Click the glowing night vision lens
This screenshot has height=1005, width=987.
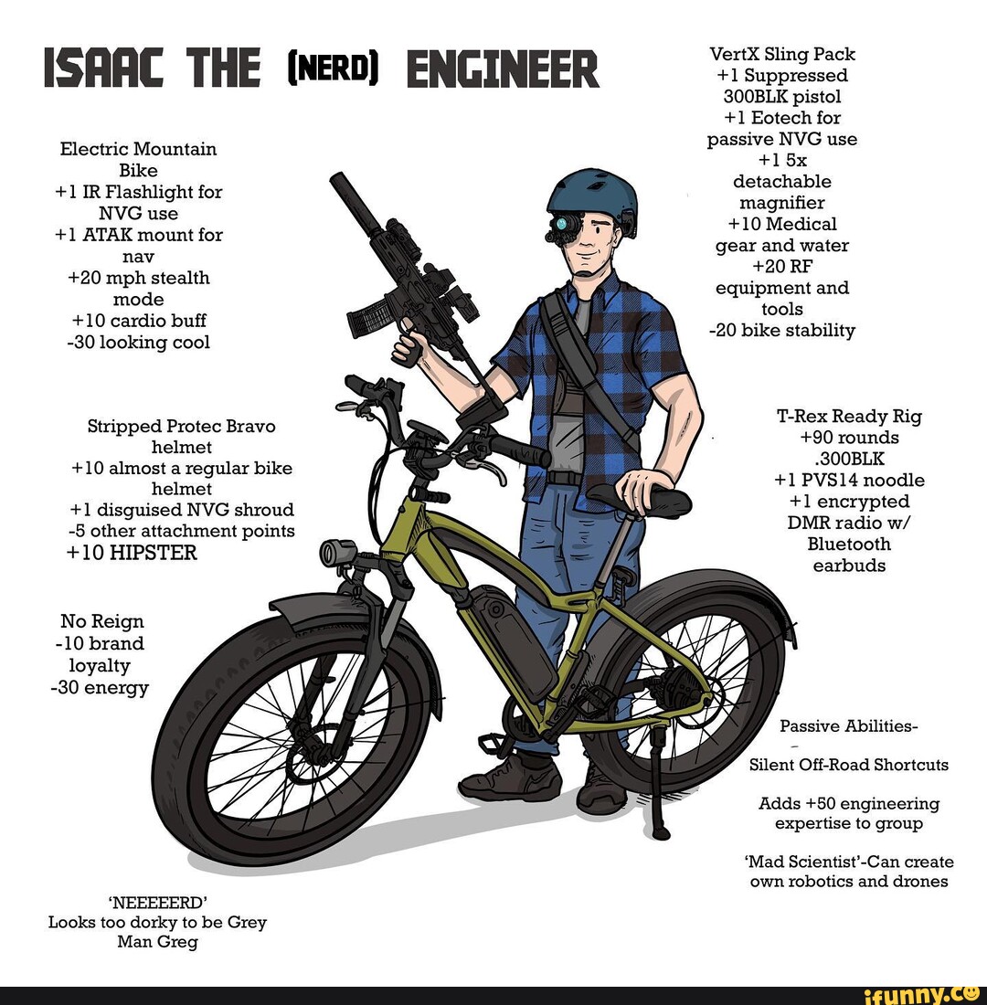[562, 224]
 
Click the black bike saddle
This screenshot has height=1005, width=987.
[638, 497]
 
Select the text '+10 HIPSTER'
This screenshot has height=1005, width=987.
[132, 553]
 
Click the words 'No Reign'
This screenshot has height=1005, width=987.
[102, 621]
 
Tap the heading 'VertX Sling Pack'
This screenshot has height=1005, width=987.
[782, 54]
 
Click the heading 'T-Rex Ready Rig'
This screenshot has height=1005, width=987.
[849, 416]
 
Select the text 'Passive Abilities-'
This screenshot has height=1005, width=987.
[848, 726]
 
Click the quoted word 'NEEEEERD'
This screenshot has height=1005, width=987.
[158, 903]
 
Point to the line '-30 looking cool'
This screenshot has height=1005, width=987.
[139, 343]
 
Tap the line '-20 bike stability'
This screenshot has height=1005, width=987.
[782, 330]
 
